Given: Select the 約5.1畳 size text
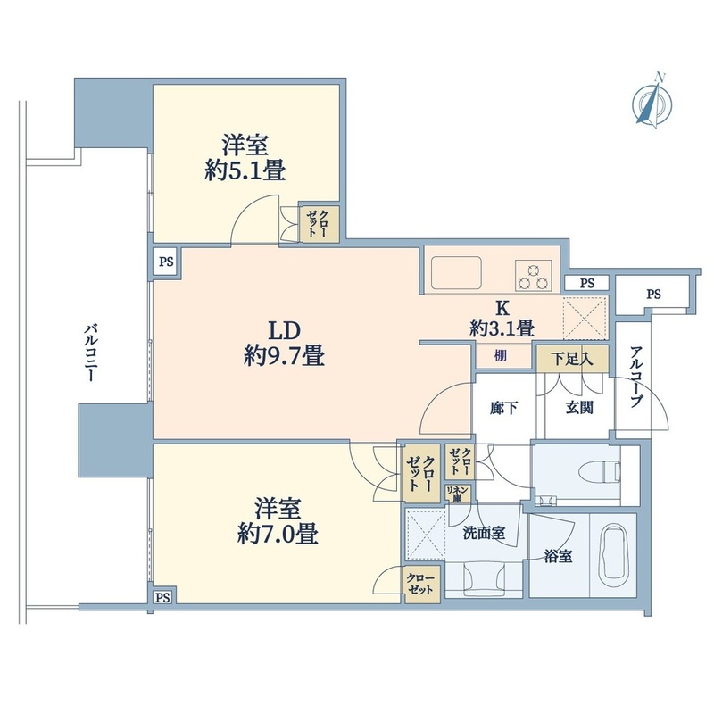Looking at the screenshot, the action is [245, 171].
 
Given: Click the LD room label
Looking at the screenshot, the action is [284, 330].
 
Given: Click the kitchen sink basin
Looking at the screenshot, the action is [456, 272].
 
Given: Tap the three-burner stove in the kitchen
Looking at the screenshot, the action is [533, 275].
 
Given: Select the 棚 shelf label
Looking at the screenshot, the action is [501, 355].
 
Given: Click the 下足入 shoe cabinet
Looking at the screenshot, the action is [572, 359].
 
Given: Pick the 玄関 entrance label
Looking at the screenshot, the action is [579, 408].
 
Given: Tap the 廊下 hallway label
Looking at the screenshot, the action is [503, 408].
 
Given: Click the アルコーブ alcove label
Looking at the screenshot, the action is [636, 377].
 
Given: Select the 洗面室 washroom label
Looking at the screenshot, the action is [484, 533].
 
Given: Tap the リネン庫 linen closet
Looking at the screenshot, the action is [458, 494].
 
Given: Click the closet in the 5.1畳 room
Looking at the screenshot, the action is [320, 223].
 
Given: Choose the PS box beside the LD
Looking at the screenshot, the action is [166, 262].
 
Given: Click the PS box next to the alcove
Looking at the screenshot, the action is [653, 295].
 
